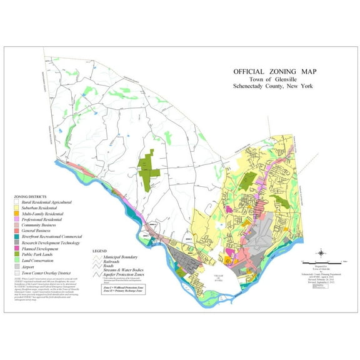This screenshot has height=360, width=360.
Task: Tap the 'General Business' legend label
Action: click(x=41, y=231)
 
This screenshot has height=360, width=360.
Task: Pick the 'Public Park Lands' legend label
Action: click(x=41, y=254)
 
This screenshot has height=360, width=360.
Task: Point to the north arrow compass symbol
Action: click(x=321, y=253)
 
